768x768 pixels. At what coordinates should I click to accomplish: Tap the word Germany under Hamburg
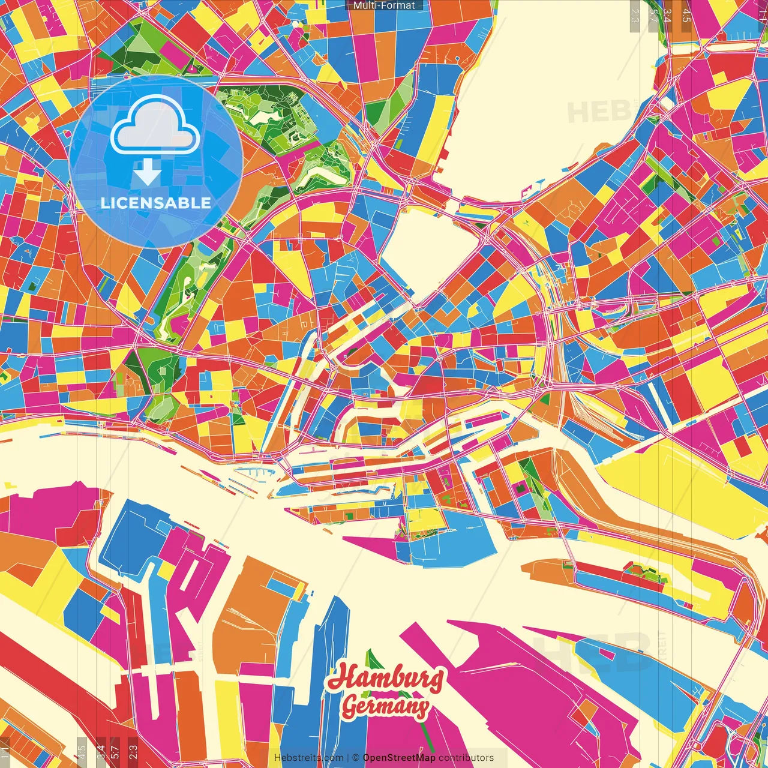coord(385,706)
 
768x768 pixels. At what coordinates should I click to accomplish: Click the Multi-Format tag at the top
coord(384,5)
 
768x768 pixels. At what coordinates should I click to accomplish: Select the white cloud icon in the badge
coord(155,127)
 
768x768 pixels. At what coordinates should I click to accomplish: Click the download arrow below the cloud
coord(147,173)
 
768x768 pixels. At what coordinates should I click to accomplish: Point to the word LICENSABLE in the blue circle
coord(156,203)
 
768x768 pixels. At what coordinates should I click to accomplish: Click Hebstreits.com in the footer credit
coord(308,758)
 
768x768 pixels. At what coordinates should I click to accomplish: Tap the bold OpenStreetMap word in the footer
coord(399,758)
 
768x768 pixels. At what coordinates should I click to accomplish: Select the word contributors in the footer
coord(466,758)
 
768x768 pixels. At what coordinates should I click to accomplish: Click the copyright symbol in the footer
coord(356,758)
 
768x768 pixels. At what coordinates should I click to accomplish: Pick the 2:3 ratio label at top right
coord(634,15)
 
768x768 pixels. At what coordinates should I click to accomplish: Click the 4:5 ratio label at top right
coord(686,15)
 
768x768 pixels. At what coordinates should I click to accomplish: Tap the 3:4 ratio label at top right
coord(667,15)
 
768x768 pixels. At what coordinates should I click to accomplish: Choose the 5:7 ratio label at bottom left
coord(115,751)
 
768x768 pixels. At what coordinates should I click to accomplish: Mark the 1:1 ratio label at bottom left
coord(5,752)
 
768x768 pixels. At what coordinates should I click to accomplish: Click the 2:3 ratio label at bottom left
coord(133,751)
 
